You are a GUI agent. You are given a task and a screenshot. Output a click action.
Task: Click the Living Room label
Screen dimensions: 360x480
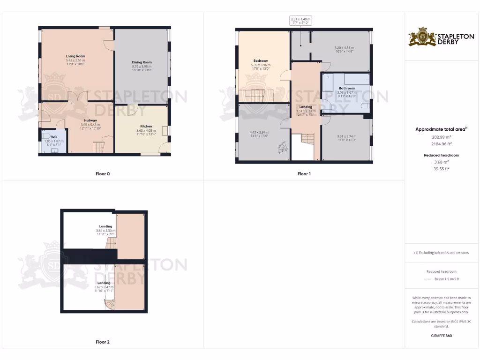point(75,56)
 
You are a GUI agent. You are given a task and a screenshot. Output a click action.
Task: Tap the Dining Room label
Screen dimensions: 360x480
point(141,62)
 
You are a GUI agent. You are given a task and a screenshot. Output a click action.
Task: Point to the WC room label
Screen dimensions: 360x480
point(53,137)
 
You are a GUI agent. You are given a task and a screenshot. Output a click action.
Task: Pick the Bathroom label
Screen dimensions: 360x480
point(347,88)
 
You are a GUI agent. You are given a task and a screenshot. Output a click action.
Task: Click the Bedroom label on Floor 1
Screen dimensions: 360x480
point(261,61)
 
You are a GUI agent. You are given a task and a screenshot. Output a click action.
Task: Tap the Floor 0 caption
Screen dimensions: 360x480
point(103,174)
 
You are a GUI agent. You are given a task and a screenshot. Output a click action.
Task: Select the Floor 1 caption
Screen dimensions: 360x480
point(304,174)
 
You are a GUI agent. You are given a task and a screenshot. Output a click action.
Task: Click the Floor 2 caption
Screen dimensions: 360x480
point(103,342)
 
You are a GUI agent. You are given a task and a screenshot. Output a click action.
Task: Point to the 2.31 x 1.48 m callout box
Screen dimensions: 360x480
point(301,21)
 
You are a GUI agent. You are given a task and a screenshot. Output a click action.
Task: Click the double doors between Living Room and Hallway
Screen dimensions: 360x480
point(77,97)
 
